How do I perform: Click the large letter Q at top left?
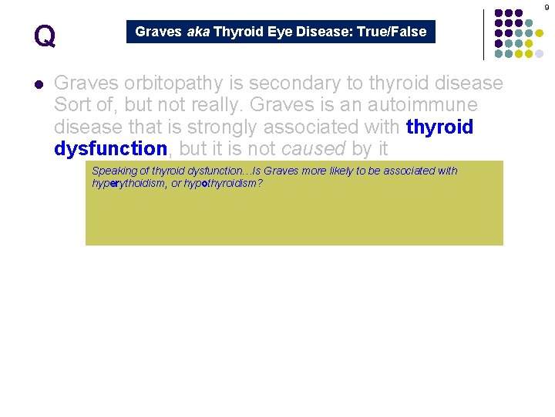point(45,36)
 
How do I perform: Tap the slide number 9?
point(547,7)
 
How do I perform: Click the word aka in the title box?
point(197,32)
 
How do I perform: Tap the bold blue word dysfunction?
point(110,148)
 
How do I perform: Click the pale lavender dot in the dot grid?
point(540,53)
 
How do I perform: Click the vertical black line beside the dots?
point(483,35)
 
